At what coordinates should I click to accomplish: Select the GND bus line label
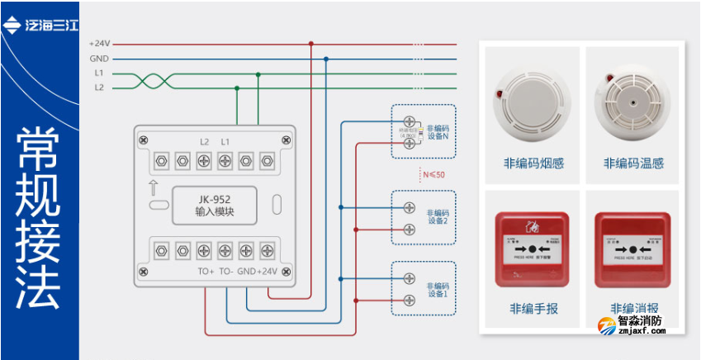coord(99,59)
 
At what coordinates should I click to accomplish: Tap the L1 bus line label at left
coord(98,73)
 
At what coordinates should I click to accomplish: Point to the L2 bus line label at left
coord(98,87)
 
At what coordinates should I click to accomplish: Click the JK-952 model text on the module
coord(214,198)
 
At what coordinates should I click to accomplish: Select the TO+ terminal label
coord(206,272)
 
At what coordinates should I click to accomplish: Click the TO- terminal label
coord(225,272)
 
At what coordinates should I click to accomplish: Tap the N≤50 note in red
coord(433,175)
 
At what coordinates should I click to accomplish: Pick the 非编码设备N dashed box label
coord(437,132)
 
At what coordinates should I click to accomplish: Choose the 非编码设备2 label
coord(438,216)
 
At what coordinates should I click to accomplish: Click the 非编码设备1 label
coord(438,289)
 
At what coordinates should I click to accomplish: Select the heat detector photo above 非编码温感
coord(632,98)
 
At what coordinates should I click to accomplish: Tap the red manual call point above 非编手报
coord(533,249)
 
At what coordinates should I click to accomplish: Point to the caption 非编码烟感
coord(533,163)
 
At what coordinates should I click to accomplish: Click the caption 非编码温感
coord(633,163)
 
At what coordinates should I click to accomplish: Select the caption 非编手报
coord(533,309)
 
